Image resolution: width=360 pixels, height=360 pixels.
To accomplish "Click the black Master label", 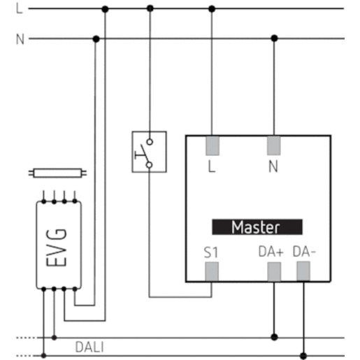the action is (257, 227).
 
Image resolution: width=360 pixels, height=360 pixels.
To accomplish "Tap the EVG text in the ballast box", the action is (57, 247).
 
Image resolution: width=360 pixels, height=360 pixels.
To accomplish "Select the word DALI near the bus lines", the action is (89, 347).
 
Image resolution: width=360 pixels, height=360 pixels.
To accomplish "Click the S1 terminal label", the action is (211, 252).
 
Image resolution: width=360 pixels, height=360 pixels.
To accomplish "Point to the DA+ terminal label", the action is (271, 252).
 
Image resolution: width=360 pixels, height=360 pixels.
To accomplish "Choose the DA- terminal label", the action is (304, 252).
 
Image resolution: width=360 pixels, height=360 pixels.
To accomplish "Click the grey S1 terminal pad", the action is (212, 272).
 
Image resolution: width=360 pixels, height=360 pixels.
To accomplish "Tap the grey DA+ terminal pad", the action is (274, 272).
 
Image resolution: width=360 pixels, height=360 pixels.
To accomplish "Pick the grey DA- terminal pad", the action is (303, 271).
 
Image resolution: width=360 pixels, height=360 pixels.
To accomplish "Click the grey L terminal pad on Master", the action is (213, 145).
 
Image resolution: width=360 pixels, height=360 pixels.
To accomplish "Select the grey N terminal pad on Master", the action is (274, 145).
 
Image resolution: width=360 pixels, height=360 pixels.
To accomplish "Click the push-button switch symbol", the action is (149, 152).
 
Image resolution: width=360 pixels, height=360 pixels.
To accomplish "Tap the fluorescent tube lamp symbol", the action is (57, 173).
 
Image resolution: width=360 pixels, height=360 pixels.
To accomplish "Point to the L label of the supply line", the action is (20, 9).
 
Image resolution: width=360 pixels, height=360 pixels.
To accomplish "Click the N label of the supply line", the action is (20, 39).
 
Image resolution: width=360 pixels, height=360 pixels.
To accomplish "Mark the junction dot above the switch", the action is (150, 8).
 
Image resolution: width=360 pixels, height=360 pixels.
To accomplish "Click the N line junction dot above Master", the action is (275, 38).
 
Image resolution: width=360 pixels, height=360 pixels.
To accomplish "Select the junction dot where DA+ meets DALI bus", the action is (275, 337).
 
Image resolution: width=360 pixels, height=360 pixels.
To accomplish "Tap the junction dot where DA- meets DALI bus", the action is (303, 356).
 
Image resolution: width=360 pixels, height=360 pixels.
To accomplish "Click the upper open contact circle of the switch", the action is (150, 142).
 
